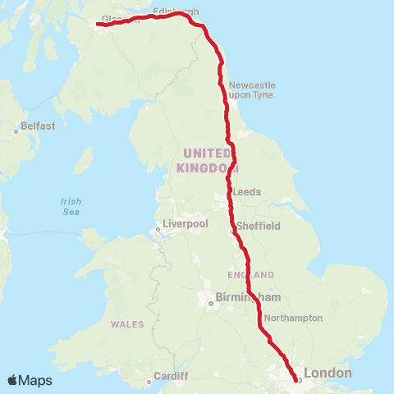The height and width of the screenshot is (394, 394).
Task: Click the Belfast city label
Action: point(39,126)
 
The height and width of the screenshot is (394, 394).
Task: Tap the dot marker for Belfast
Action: point(16,131)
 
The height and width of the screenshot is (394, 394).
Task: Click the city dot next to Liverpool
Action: point(158,230)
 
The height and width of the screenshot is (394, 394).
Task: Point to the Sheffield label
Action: point(259,226)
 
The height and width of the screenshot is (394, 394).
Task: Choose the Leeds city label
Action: point(247,191)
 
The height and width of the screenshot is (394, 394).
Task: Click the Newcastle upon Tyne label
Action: point(252,90)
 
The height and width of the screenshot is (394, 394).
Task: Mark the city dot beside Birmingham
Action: point(210,303)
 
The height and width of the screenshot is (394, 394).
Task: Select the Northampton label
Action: point(293,318)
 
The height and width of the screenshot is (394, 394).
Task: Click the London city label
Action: point(328,373)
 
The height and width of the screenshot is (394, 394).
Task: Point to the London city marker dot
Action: point(299,379)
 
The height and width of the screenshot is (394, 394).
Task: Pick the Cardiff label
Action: point(170,376)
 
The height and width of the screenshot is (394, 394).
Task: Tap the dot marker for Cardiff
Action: point(149,381)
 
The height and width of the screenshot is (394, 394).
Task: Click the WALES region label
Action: point(126,324)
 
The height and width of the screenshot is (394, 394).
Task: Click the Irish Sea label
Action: point(71,207)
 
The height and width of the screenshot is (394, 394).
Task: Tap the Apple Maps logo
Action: point(30,380)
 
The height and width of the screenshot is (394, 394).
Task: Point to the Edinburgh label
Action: point(176,11)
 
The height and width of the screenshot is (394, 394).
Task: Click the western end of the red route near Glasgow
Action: point(98,24)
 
